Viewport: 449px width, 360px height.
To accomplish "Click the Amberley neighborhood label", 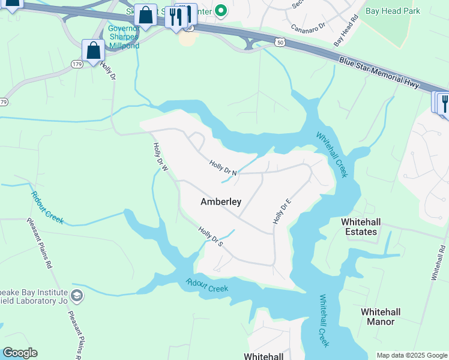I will coord(220,202).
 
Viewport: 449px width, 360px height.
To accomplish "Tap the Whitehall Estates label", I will coord(360,227).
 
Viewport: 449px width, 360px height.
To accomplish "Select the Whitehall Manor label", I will coord(381,317).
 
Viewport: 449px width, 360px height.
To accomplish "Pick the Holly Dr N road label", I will coord(224,167).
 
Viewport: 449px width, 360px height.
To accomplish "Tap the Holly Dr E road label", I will coord(282,209).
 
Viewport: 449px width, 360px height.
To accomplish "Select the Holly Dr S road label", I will coord(211,235).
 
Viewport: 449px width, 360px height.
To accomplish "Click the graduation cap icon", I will coord(77,295).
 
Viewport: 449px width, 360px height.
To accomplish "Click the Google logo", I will coord(20,353).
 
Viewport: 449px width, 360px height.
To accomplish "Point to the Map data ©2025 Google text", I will coord(412,355).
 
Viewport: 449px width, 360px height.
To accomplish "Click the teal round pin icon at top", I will coord(220,10).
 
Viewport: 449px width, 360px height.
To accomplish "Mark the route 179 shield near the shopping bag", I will coord(77,64).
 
